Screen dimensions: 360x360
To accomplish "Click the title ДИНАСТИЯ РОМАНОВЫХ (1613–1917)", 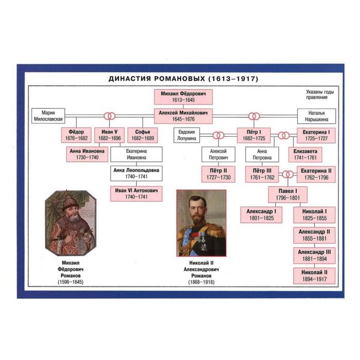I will [x=183, y=79].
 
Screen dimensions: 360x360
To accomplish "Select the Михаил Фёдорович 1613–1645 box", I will [x=183, y=97].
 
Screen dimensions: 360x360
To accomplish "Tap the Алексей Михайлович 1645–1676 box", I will [x=183, y=116].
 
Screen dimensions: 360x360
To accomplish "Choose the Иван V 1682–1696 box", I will [x=109, y=135].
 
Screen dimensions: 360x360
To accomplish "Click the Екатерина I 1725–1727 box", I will [x=316, y=135].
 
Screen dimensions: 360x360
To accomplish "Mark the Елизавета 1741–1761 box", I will [x=305, y=155].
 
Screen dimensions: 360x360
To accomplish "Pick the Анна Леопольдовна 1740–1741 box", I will [x=136, y=173].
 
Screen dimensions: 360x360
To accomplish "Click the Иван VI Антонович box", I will [x=136, y=193].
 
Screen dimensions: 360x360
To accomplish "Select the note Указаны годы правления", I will [x=316, y=95].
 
